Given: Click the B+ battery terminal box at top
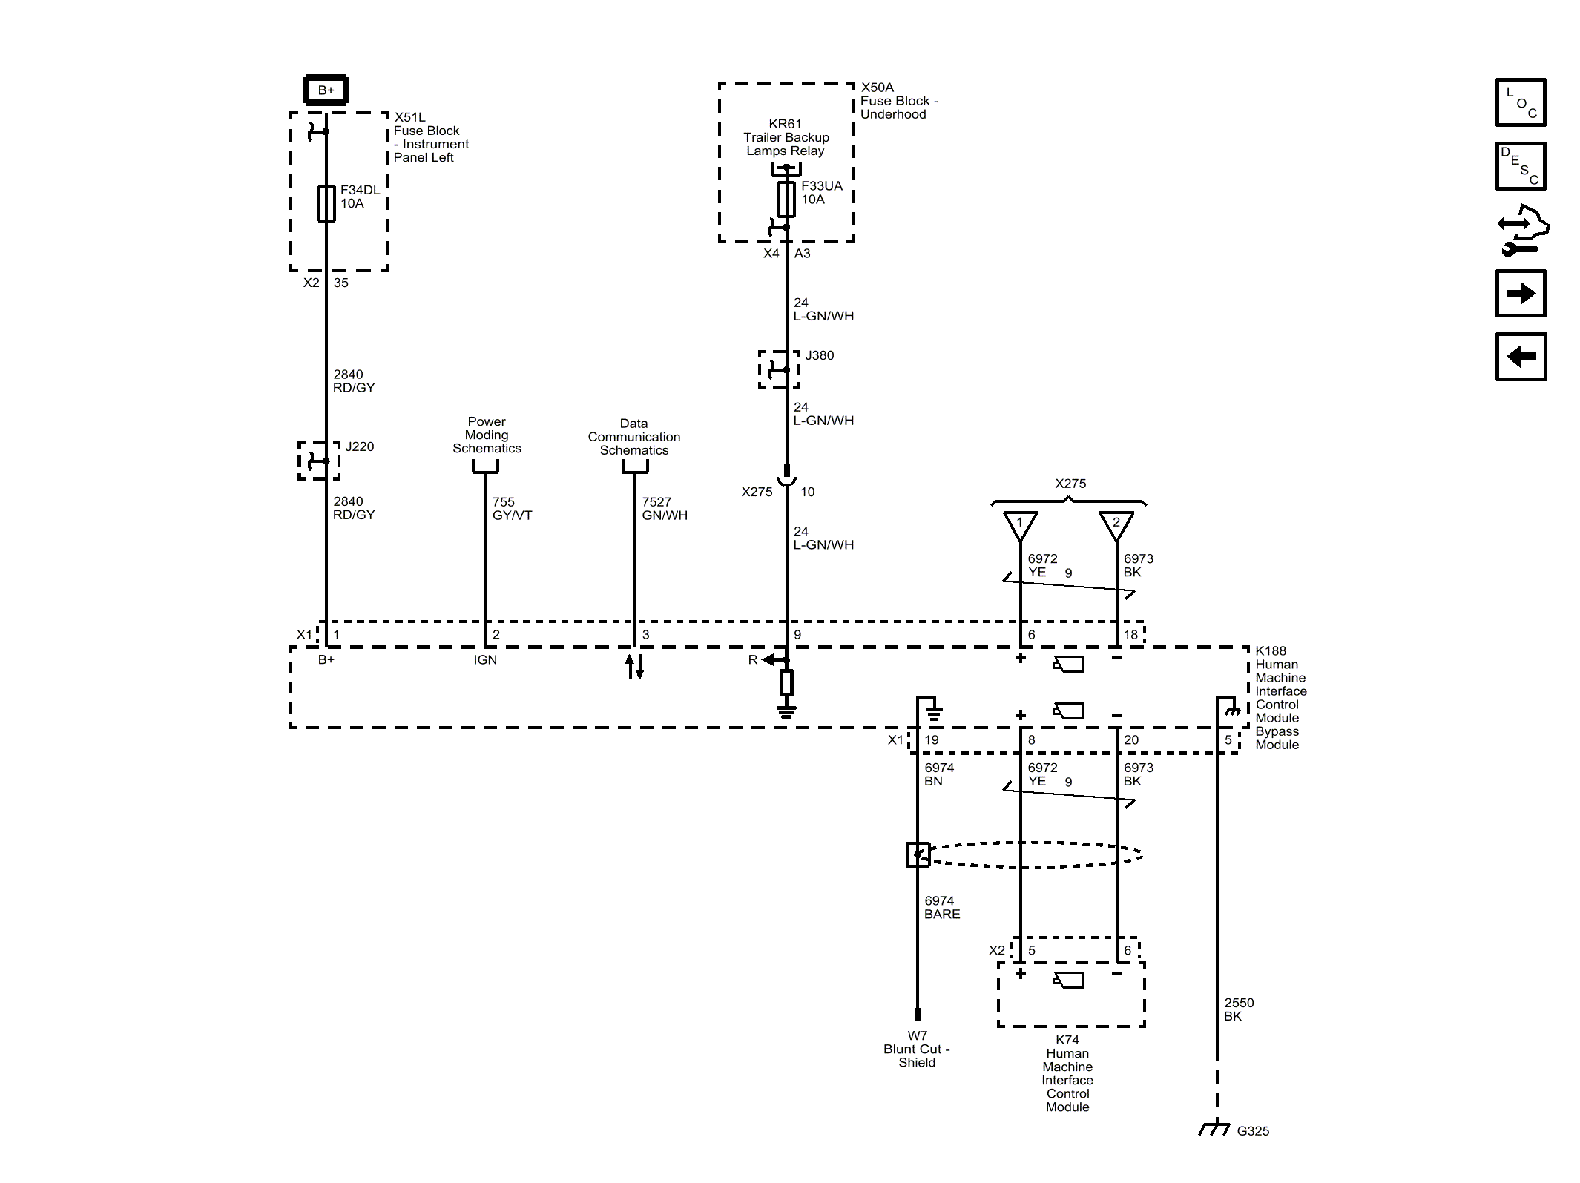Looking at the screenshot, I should click(326, 90).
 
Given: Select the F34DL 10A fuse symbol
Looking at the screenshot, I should click(326, 204).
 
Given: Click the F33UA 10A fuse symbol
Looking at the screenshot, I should click(786, 199).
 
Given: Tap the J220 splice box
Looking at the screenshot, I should click(320, 461).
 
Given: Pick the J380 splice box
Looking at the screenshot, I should click(779, 369).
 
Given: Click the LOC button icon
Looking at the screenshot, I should click(1520, 102).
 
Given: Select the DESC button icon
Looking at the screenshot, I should click(1520, 166).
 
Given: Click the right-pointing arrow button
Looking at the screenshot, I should click(1520, 294).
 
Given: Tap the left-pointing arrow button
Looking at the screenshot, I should click(1520, 357).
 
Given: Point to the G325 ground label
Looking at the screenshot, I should click(1253, 1131).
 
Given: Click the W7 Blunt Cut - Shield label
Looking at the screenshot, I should click(917, 1049).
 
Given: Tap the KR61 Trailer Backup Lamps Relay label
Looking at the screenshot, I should click(786, 137).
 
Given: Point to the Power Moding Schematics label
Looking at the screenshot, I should click(487, 435).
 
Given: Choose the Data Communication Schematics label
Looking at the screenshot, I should click(634, 437).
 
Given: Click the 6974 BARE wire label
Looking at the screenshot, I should click(942, 907).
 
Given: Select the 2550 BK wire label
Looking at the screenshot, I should click(1238, 1009).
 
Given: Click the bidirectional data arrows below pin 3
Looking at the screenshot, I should click(634, 666).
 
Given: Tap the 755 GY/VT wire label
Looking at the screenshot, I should click(512, 509).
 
